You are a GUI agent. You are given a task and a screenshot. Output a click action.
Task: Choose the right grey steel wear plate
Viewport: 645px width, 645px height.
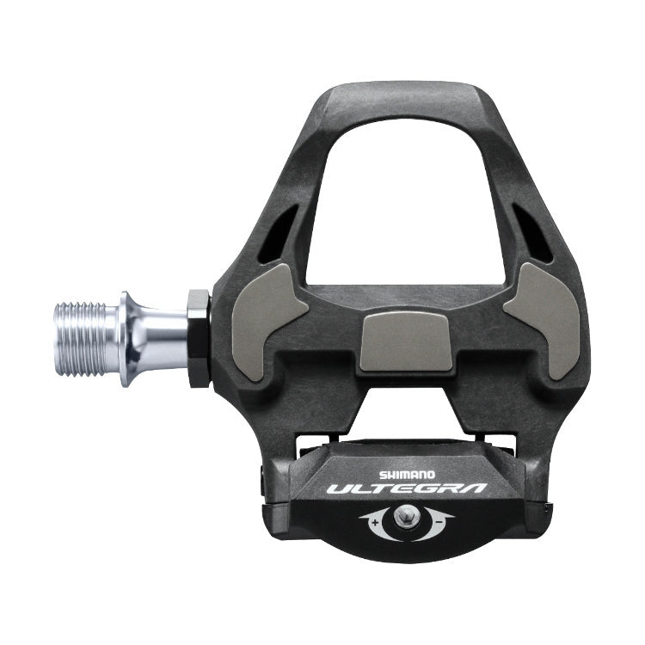[543, 319]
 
